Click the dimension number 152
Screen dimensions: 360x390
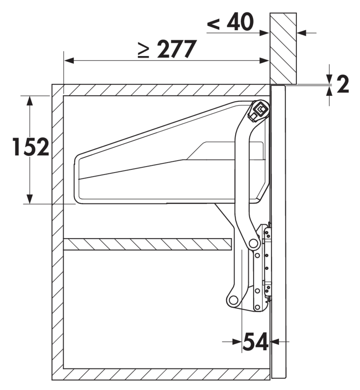(31, 147)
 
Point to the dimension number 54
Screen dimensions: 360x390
(255, 342)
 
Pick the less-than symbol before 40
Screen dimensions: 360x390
(213, 24)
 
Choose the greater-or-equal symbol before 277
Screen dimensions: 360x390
(143, 50)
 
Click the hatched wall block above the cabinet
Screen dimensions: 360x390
(283, 48)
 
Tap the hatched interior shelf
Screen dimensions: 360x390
(148, 244)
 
